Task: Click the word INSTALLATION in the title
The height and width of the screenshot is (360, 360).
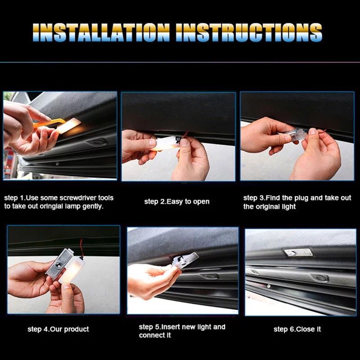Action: (101, 32)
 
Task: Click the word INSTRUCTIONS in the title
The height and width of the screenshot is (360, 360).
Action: (249, 32)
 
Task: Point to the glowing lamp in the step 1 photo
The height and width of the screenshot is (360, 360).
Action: (68, 126)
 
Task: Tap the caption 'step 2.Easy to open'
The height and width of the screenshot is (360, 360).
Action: (177, 202)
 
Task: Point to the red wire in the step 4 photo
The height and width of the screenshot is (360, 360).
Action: (81, 247)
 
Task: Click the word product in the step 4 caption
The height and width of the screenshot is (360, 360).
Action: (76, 329)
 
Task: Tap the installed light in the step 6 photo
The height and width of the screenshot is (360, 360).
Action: (298, 253)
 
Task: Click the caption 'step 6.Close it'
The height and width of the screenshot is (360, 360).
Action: (297, 329)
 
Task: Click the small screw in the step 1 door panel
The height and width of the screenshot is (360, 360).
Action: (57, 164)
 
